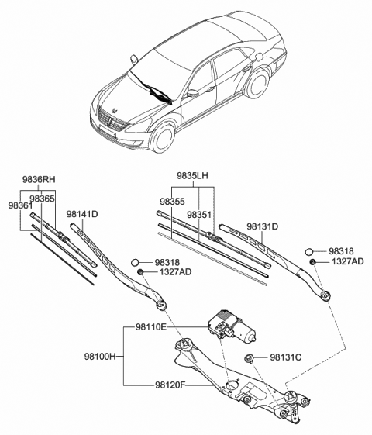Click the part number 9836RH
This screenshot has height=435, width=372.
[39, 179]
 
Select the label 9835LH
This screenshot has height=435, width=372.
[193, 175]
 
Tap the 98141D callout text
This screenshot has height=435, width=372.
[82, 214]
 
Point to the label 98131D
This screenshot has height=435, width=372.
[263, 226]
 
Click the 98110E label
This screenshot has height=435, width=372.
[151, 327]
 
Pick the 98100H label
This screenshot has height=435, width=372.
[100, 357]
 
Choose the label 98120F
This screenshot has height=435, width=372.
[168, 385]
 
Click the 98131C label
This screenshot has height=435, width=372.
[286, 357]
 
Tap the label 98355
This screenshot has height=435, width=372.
[172, 202]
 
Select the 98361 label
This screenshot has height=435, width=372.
[20, 205]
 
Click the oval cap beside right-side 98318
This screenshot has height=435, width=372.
[309, 252]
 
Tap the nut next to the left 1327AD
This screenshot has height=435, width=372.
[140, 272]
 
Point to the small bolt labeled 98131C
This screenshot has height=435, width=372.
[249, 358]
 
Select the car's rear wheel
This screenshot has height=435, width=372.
[257, 83]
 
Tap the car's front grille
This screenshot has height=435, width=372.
[112, 121]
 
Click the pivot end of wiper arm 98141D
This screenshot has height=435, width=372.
[160, 305]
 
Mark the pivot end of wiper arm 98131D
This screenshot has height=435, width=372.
[324, 295]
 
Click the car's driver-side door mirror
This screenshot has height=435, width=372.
[193, 94]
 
